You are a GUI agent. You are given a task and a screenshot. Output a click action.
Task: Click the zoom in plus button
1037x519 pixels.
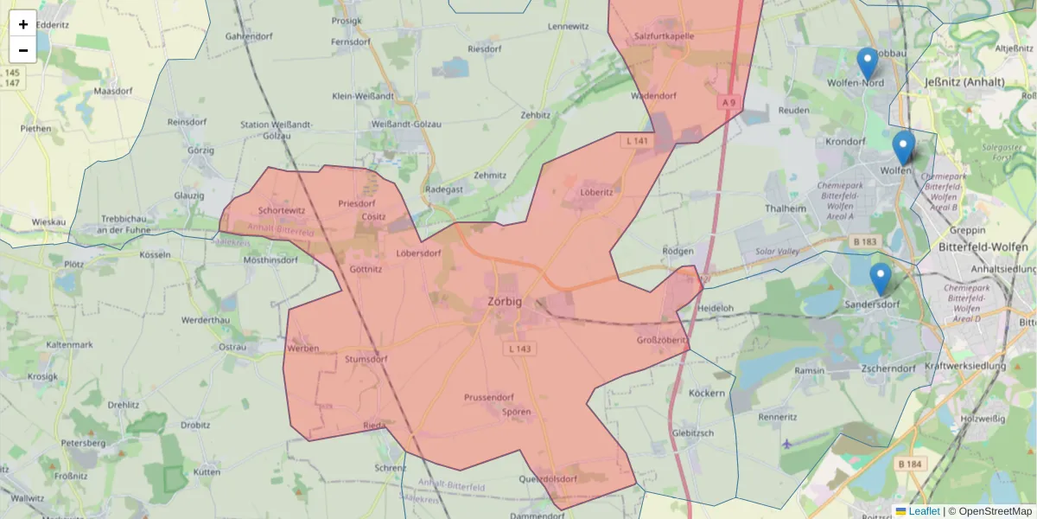(x=23, y=24)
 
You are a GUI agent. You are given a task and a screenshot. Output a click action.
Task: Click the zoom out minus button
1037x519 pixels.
(x=23, y=50)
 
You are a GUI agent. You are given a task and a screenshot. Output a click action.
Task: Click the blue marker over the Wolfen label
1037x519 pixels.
(x=904, y=148)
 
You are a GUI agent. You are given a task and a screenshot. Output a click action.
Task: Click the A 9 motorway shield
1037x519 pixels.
(x=729, y=103)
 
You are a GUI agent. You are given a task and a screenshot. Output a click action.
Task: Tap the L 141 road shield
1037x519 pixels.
(x=637, y=140)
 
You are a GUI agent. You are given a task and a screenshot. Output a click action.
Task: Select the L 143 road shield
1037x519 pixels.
(x=519, y=348)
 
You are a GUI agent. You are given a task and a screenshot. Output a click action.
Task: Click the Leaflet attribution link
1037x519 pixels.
(x=924, y=511)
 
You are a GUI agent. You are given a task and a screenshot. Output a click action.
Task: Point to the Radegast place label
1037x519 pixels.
(x=445, y=189)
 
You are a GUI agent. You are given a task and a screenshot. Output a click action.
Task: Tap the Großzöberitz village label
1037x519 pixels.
(x=662, y=340)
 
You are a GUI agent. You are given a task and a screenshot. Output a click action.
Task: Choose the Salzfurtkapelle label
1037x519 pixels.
(x=665, y=36)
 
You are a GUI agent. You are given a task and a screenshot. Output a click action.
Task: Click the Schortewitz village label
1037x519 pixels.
(x=282, y=210)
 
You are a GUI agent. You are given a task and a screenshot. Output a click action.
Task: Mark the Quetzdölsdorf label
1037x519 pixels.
(x=548, y=478)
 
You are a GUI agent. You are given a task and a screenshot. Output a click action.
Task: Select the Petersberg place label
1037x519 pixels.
(x=83, y=443)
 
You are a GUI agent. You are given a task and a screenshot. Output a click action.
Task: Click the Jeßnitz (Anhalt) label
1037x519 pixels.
(x=964, y=82)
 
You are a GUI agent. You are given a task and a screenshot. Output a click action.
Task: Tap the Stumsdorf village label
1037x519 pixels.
(x=366, y=358)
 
